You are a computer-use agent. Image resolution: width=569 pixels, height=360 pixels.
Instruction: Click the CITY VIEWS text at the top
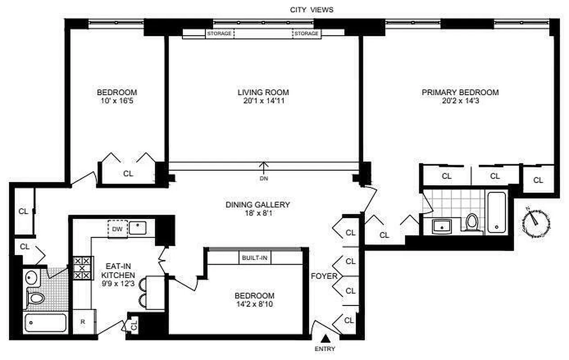[x=311, y=9]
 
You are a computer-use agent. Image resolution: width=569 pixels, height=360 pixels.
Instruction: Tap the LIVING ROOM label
[x=263, y=92]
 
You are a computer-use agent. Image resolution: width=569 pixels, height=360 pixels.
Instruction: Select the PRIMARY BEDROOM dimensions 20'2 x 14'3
[x=460, y=101]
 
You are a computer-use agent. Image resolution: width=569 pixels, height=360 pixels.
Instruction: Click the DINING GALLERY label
[x=257, y=205]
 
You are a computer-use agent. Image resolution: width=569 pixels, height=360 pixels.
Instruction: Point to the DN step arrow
[x=264, y=168]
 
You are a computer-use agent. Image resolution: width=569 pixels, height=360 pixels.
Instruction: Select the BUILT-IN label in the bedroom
[x=255, y=258]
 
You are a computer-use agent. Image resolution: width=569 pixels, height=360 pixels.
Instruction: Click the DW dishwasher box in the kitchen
[x=117, y=229]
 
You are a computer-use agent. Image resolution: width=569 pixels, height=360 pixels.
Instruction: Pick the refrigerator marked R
[x=84, y=322]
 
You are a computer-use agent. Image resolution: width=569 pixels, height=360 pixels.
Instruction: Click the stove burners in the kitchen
[x=82, y=268]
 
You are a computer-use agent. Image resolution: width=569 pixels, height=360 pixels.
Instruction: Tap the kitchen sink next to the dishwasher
[x=137, y=229]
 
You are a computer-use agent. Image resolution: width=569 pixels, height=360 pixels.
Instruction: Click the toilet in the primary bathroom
[x=471, y=221]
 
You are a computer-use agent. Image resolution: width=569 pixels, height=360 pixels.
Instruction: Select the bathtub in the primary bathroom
[x=497, y=212]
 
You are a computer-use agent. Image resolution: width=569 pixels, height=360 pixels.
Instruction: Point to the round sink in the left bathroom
[x=31, y=276]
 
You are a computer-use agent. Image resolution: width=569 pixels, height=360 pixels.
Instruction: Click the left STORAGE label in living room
[x=219, y=34]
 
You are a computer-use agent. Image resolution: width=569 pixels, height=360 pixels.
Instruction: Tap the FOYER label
[x=324, y=276]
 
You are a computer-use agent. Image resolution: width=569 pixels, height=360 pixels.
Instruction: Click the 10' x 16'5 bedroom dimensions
[x=117, y=101]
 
